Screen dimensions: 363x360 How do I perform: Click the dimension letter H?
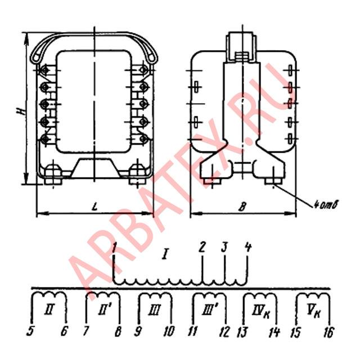coord(20,113)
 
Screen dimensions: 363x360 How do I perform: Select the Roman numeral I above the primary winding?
coord(165,255)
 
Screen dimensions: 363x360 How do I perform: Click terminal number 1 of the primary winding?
coord(114,247)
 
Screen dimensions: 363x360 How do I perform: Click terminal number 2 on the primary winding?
coord(202,247)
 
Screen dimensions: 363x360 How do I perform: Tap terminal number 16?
coord(328,333)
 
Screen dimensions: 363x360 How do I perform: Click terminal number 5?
coord(31,333)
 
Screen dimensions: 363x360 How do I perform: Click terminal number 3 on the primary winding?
coord(224,247)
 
